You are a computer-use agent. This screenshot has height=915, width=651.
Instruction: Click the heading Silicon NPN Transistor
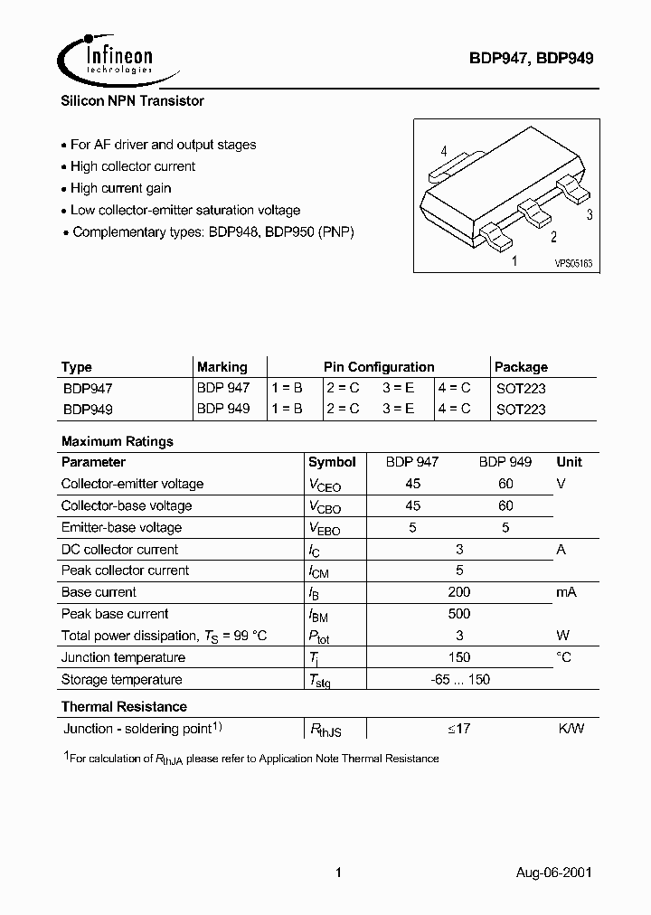132,101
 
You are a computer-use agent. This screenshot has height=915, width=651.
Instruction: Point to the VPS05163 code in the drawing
572,263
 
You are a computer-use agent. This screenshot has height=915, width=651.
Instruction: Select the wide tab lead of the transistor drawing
448,168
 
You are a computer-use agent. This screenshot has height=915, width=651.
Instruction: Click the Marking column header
222,367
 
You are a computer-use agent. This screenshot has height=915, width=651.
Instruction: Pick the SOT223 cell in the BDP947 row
521,388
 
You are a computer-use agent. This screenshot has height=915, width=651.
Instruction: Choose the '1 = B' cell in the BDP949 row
287,409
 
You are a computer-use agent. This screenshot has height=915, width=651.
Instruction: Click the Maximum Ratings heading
117,441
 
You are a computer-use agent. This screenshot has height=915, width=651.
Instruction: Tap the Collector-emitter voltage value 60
505,484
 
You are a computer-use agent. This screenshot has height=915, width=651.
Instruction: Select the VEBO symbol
325,529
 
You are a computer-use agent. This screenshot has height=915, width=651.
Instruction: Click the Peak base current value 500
458,614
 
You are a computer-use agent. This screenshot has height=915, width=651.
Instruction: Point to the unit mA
566,592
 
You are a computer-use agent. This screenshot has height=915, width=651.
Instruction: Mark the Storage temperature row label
121,680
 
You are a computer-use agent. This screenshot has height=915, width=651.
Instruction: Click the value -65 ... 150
459,680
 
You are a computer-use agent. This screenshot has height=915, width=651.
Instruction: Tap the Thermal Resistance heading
124,706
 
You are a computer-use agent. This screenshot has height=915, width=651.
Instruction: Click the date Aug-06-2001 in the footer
554,873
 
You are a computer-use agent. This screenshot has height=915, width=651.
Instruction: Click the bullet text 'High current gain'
120,188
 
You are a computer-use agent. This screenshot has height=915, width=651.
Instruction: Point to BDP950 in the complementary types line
291,231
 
